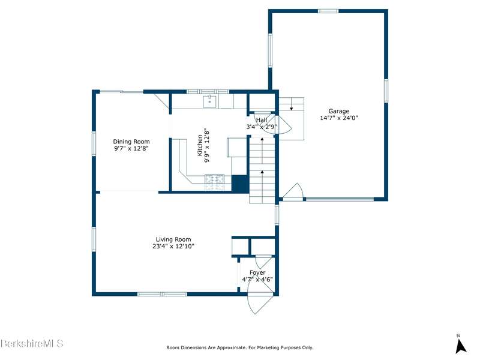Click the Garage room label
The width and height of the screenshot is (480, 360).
339,111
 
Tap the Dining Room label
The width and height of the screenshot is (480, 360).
131,142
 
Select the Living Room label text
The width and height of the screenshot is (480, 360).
173,239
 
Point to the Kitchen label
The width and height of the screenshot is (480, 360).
200,145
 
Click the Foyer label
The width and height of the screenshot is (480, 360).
257,272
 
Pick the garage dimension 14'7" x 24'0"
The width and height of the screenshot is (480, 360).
339,118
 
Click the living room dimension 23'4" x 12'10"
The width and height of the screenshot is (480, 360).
173,246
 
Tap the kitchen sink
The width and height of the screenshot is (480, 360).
209,101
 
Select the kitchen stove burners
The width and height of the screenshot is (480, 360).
215,182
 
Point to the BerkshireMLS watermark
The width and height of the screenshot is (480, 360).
32,343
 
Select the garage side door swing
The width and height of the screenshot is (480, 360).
293,191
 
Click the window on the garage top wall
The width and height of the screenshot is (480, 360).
328,11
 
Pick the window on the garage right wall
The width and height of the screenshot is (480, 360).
386,91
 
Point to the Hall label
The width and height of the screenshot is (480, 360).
262,120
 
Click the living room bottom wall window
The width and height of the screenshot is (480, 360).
162,294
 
